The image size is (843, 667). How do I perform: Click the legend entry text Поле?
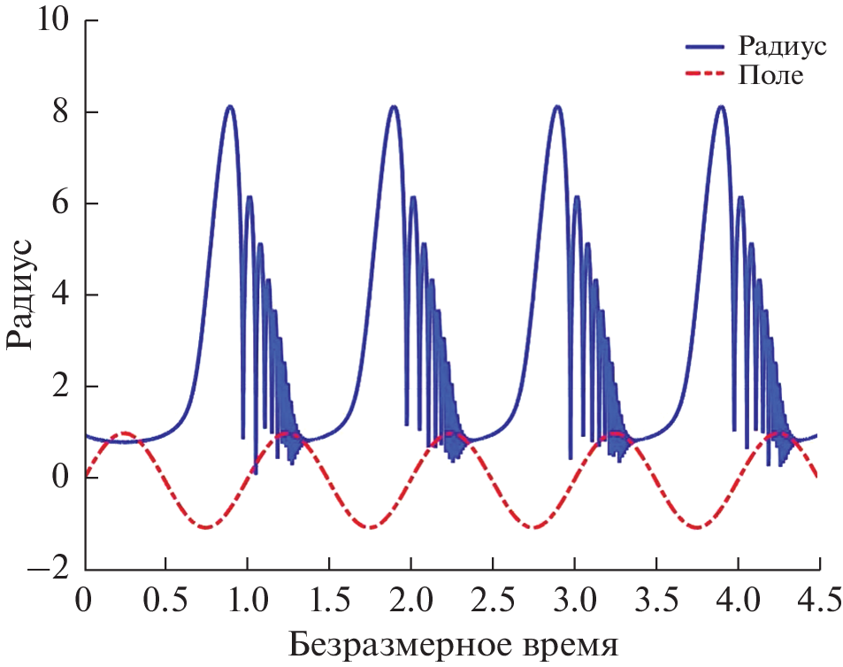pos(770,76)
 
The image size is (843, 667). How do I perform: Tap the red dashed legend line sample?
pos(707,76)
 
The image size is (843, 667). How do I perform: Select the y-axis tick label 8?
pos(60,112)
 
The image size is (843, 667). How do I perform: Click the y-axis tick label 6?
pos(60,203)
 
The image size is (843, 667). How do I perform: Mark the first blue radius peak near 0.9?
pos(230,106)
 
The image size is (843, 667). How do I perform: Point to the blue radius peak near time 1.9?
pos(394,106)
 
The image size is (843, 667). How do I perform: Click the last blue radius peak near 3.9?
pos(721,106)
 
